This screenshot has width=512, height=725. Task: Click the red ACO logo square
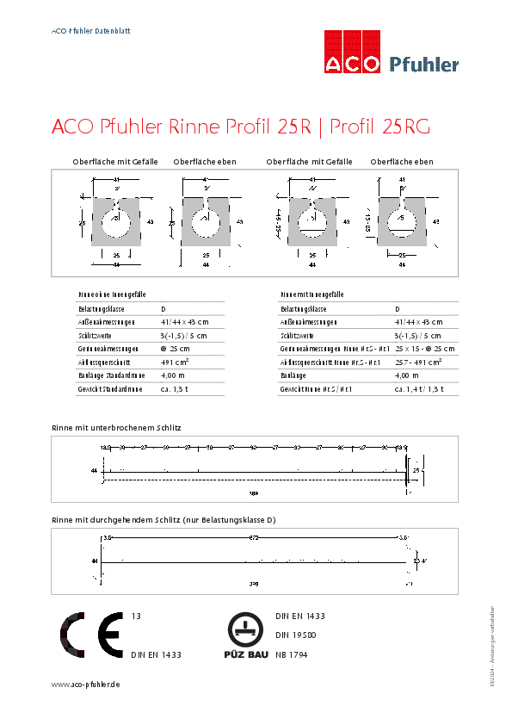pyautogui.click(x=351, y=52)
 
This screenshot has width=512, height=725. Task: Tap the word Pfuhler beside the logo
pyautogui.click(x=424, y=64)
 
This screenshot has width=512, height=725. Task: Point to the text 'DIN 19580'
pyautogui.click(x=295, y=635)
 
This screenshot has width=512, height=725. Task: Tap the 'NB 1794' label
pyautogui.click(x=293, y=655)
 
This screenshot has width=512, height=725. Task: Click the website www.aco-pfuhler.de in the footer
pyautogui.click(x=85, y=684)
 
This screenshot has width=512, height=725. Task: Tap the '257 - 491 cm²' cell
pyautogui.click(x=418, y=362)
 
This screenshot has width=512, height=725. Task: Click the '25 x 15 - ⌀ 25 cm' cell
pyautogui.click(x=425, y=349)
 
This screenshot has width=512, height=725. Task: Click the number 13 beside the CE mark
pyautogui.click(x=135, y=617)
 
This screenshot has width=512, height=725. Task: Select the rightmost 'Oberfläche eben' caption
pyautogui.click(x=402, y=162)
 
